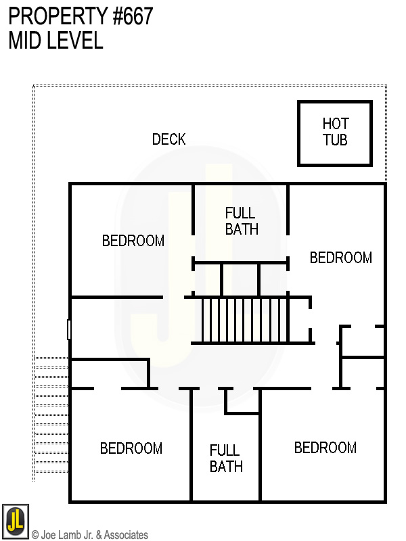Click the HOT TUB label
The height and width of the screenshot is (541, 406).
coord(335,132)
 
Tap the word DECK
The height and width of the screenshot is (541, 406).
coord(168,139)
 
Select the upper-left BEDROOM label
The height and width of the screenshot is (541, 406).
coord(133,241)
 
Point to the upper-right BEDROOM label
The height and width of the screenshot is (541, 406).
coord(340,258)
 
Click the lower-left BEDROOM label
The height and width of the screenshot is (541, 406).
coord(131,448)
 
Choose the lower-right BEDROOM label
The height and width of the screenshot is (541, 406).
coord(325,448)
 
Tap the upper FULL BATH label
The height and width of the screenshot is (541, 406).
coord(242,220)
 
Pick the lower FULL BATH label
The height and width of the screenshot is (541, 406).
coord(225,458)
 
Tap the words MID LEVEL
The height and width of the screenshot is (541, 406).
coord(55,41)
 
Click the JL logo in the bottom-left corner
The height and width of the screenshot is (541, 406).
coord(15,520)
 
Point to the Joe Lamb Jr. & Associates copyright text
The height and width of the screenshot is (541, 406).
coord(90,535)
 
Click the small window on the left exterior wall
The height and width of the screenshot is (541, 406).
coord(69,329)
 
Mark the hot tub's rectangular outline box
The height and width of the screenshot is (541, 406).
coord(335,103)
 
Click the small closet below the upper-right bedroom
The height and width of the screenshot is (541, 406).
coord(362,342)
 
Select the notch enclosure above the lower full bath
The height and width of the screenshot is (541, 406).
coord(242,400)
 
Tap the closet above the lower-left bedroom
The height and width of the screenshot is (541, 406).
coord(108,374)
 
